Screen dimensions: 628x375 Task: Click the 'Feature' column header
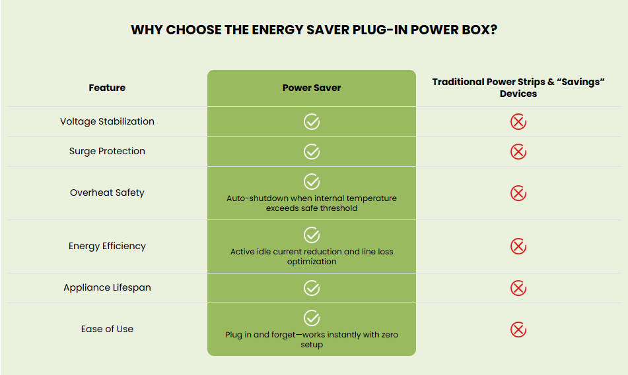tap(107, 88)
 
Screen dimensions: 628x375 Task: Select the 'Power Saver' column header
tap(312, 88)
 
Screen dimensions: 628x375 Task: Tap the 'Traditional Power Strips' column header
tap(518, 88)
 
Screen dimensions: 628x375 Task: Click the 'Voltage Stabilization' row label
tap(107, 121)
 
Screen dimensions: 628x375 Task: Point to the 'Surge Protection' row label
tap(107, 151)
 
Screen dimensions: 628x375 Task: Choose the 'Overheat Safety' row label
tap(107, 192)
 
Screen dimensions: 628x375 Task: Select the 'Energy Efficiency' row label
tap(107, 246)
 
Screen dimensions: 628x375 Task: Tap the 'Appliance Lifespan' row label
tap(107, 288)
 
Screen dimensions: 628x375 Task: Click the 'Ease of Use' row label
tap(107, 329)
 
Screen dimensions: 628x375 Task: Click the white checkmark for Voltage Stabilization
tap(312, 122)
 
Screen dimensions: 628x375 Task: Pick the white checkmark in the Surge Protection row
tap(312, 152)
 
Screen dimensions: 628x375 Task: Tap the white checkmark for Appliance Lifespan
tap(312, 288)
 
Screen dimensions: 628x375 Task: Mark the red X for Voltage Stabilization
tap(518, 122)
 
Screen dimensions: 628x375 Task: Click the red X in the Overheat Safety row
tap(518, 193)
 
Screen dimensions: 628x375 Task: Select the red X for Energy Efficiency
tap(518, 246)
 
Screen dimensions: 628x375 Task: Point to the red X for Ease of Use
tap(518, 330)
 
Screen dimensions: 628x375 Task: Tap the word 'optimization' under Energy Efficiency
tap(312, 262)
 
